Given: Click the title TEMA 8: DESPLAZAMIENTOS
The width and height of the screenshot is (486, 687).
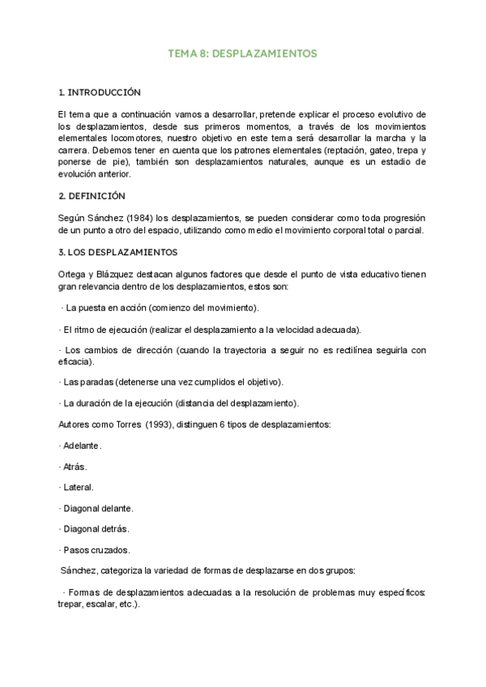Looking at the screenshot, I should (242, 53).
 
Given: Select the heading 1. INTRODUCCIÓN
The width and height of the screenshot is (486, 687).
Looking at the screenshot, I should (100, 92).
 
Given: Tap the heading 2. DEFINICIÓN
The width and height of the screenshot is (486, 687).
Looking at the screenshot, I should (92, 196).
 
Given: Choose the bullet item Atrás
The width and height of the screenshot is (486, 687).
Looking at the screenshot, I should (75, 467).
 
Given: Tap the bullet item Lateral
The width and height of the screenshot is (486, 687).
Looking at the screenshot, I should (79, 488).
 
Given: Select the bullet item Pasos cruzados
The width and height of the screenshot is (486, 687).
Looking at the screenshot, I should (96, 550).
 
